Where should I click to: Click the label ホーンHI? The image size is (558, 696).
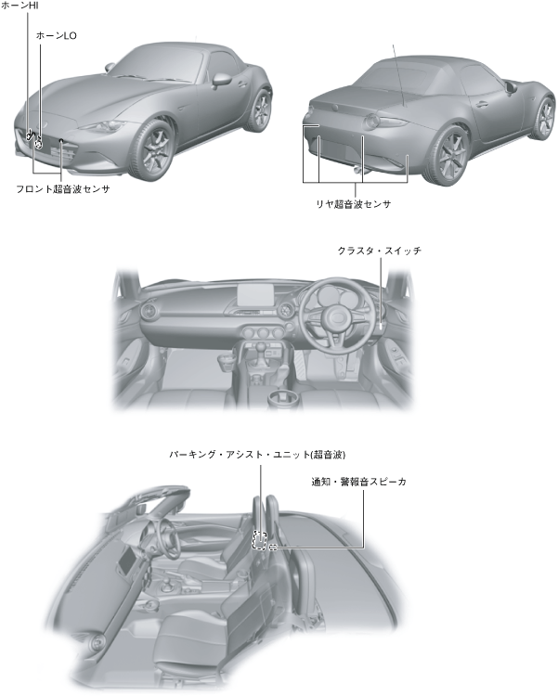point(19,6)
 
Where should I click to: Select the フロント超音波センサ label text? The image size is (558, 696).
point(63,188)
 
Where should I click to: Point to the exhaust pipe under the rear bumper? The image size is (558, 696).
point(357,170)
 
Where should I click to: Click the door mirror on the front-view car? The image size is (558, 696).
point(222,80)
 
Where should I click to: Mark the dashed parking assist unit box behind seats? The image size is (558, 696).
point(261,539)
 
